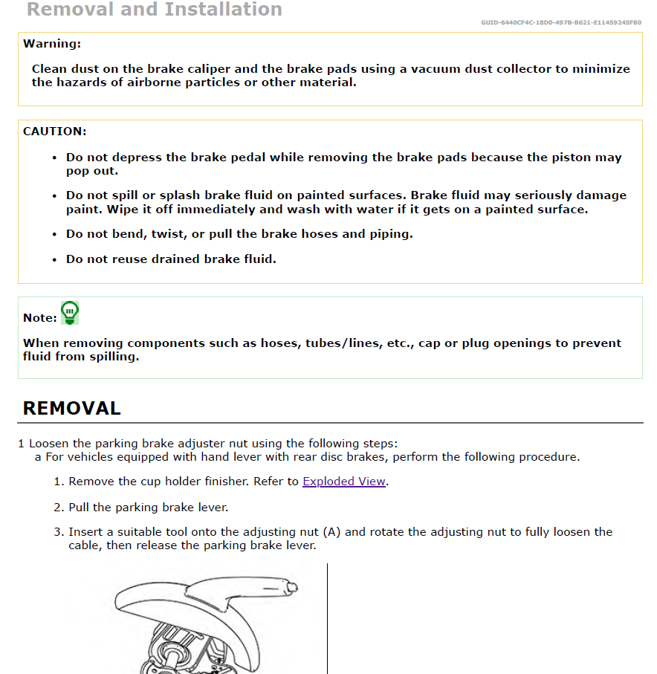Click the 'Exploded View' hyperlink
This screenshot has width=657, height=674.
point(343,482)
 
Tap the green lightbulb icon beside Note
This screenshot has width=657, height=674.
point(70,313)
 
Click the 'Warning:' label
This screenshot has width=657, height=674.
point(52,44)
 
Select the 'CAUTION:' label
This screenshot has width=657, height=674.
point(55,132)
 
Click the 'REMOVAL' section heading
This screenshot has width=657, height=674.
point(71,408)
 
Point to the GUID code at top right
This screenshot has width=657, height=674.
point(561,22)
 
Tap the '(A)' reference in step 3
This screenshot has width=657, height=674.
point(331,532)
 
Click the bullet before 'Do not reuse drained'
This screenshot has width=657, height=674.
point(55,260)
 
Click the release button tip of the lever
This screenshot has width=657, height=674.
point(293,588)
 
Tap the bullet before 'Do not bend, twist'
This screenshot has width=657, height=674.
point(55,235)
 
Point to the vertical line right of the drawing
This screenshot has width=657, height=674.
point(327,617)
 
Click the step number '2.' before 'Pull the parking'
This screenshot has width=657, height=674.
point(59,508)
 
